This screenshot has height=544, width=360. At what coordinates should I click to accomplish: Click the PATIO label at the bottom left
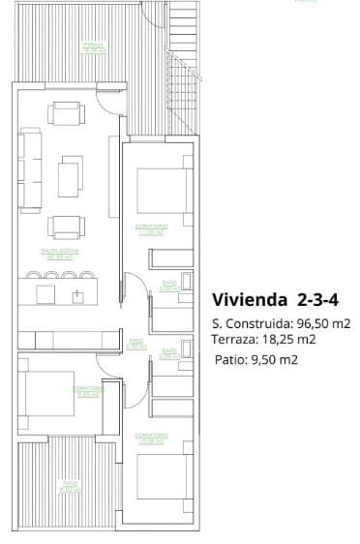coord(68,486)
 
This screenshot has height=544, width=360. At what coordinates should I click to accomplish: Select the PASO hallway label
coord(136,343)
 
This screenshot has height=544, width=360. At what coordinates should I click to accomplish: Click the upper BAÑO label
coord(166,287)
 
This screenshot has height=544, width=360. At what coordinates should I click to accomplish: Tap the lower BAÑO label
coord(168,354)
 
